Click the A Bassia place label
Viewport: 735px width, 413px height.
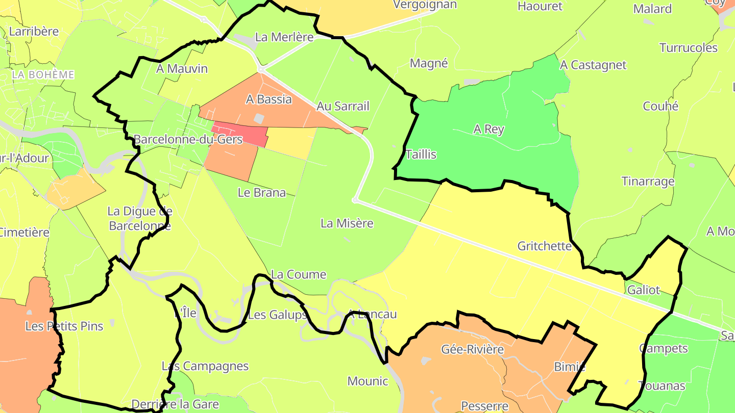[268, 99]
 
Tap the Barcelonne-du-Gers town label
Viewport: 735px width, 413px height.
[188, 140]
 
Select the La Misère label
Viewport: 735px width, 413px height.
[347, 223]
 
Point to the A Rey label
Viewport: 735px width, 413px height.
[488, 130]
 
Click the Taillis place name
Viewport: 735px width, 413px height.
[421, 154]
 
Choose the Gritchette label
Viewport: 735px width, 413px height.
[545, 246]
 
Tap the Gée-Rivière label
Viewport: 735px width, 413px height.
[472, 350]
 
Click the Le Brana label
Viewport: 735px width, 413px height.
[262, 193]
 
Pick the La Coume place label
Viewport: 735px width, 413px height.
[299, 274]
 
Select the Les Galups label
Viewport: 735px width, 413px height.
[277, 315]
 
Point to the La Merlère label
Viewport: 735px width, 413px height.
[284, 37]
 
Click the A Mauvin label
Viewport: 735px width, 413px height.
[182, 69]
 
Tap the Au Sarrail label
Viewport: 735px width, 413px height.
[342, 106]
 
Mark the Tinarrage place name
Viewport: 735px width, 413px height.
[648, 182]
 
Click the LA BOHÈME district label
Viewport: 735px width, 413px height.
[43, 75]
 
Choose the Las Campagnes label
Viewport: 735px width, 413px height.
[205, 366]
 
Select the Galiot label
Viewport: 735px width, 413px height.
[644, 290]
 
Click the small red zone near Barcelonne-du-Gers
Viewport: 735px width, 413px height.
[240, 134]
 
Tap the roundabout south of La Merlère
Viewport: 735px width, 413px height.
[260, 69]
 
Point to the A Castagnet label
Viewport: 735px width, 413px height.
[593, 65]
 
